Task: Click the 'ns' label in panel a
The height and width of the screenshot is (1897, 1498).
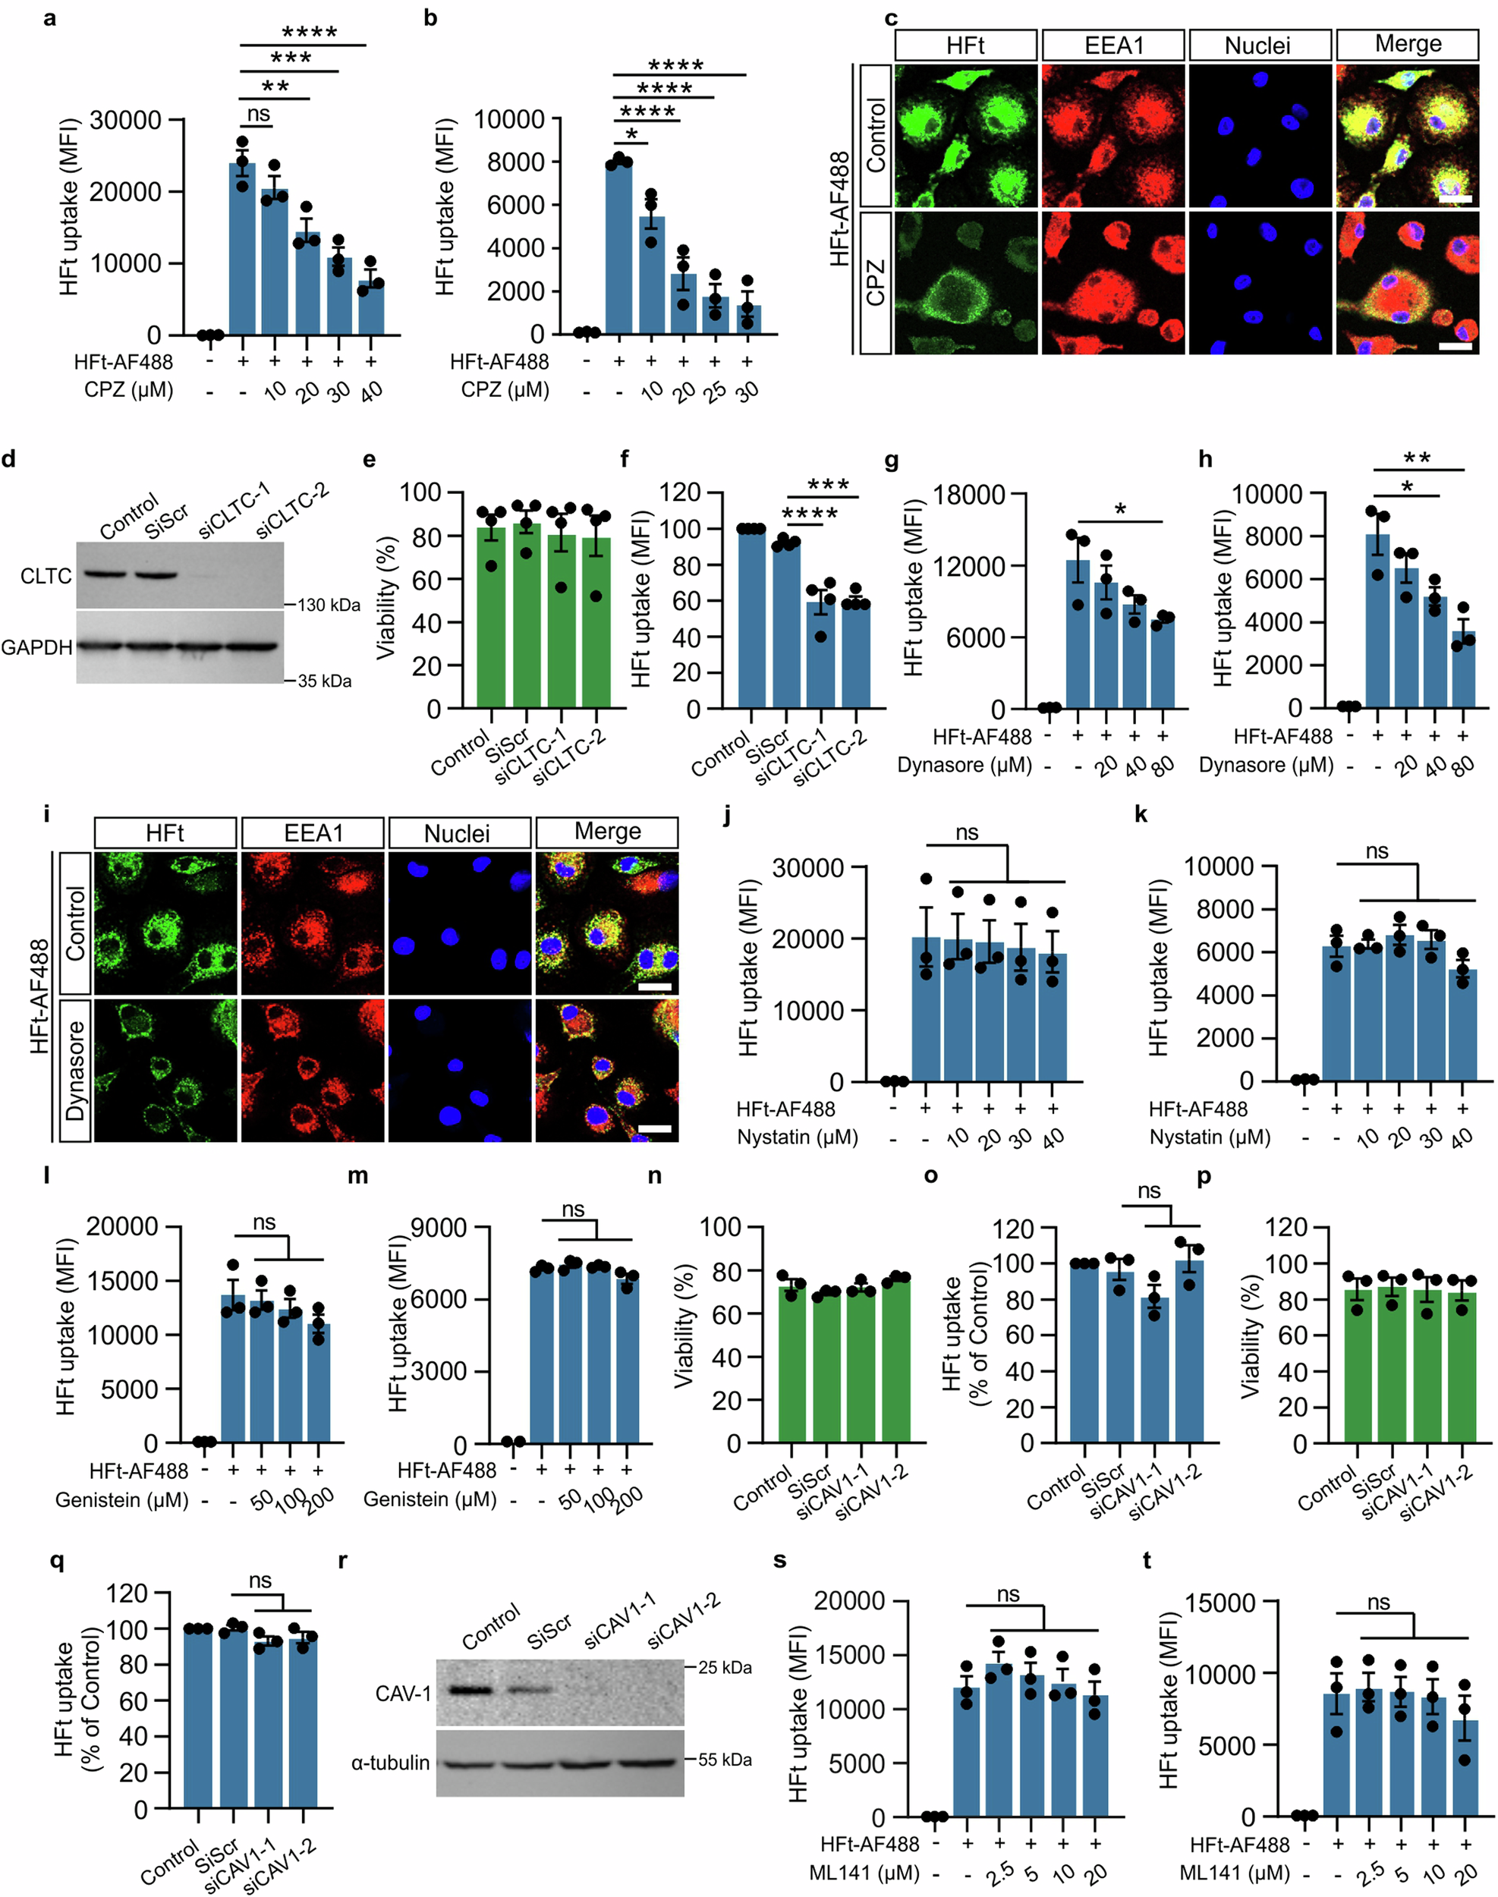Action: click(x=258, y=114)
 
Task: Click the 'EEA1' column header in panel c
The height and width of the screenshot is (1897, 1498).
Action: click(x=1113, y=46)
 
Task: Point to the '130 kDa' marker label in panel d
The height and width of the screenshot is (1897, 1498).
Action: click(x=329, y=606)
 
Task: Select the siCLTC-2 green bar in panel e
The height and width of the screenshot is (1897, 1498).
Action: click(x=596, y=623)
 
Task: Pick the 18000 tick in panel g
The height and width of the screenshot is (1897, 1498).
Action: click(x=968, y=495)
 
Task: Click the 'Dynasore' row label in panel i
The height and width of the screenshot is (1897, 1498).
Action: click(x=75, y=1070)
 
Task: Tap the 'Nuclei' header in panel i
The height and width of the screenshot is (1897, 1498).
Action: click(x=457, y=833)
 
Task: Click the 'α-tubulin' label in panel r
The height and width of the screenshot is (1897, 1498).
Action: click(x=390, y=1762)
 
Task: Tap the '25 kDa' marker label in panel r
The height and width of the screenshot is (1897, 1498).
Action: click(x=725, y=1667)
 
